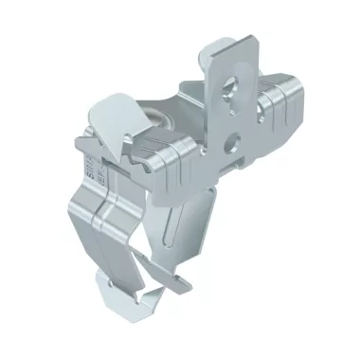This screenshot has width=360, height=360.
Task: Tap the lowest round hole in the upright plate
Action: (x=227, y=145)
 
